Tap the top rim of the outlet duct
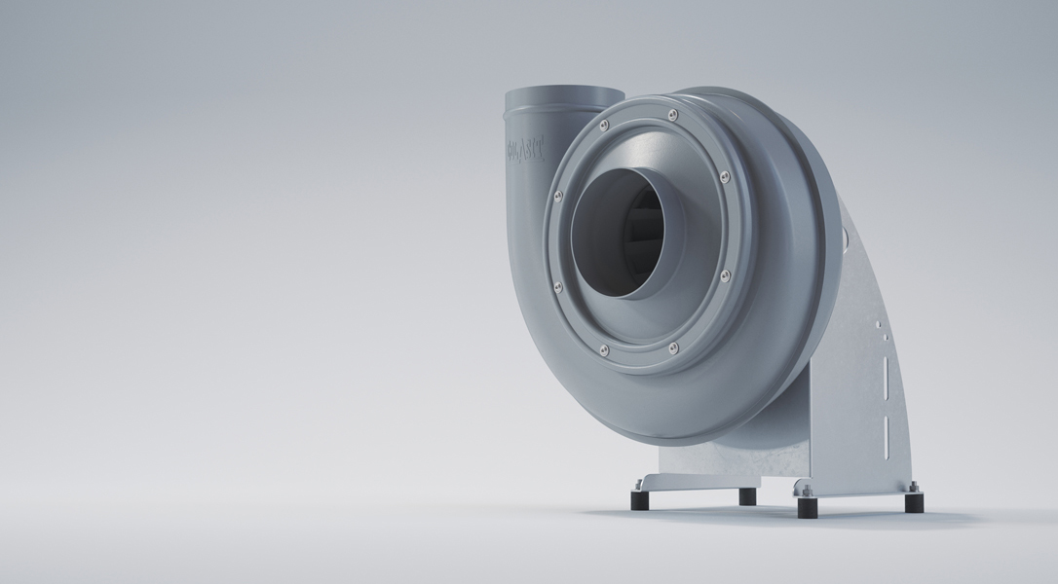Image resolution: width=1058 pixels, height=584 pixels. (x=563, y=91)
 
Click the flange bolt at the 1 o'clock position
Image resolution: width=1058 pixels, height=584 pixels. (x=673, y=115)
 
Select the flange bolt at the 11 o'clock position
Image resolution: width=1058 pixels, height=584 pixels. (x=604, y=125)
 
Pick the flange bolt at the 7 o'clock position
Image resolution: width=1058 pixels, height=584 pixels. (x=603, y=348)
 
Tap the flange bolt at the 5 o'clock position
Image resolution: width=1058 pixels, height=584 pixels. (x=673, y=347)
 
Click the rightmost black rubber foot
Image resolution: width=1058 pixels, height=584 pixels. (x=914, y=502)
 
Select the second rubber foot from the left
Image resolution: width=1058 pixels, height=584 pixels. (x=747, y=496)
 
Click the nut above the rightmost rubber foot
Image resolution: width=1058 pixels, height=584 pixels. (x=913, y=486)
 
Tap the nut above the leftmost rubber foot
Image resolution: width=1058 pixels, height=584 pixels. (x=638, y=484)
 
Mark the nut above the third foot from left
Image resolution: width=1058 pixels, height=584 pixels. (x=806, y=490)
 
